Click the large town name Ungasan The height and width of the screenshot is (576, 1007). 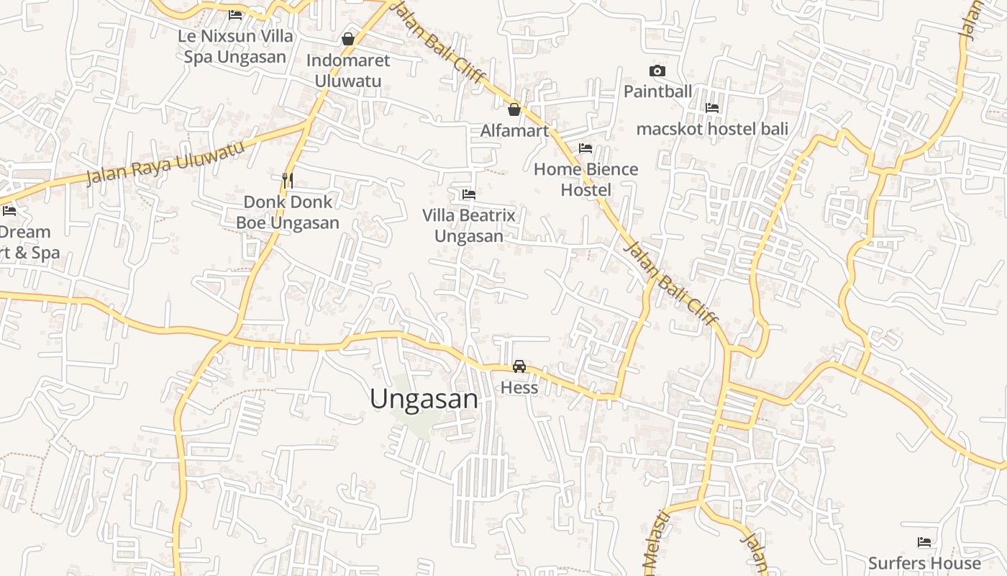coord(424,399)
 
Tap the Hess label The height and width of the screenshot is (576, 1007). coord(519,387)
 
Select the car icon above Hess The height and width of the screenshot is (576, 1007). coord(519,366)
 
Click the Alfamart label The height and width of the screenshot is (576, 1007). coord(514,130)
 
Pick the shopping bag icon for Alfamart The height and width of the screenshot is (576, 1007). coord(514,109)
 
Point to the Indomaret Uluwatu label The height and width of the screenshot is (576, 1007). coord(348,71)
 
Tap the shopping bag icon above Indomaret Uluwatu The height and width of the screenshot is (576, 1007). coord(348,39)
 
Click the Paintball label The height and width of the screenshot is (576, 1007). coord(657,91)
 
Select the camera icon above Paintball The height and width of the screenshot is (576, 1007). coord(657,71)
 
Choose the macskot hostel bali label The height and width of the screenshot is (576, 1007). coord(712,129)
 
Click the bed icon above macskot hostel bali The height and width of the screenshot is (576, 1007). coord(712,108)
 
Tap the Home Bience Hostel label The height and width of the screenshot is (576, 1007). coord(585,179)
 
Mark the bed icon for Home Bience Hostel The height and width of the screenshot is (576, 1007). coord(585,148)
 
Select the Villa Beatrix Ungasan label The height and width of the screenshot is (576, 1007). coord(469,225)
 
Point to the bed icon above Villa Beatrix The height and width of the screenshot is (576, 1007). coord(469,194)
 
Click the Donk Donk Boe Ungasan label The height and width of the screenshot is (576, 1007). coord(288,212)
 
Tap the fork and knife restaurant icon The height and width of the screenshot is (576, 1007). coord(288,180)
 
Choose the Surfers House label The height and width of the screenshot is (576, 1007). coord(924,563)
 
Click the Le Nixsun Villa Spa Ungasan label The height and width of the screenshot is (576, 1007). coord(235,46)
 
